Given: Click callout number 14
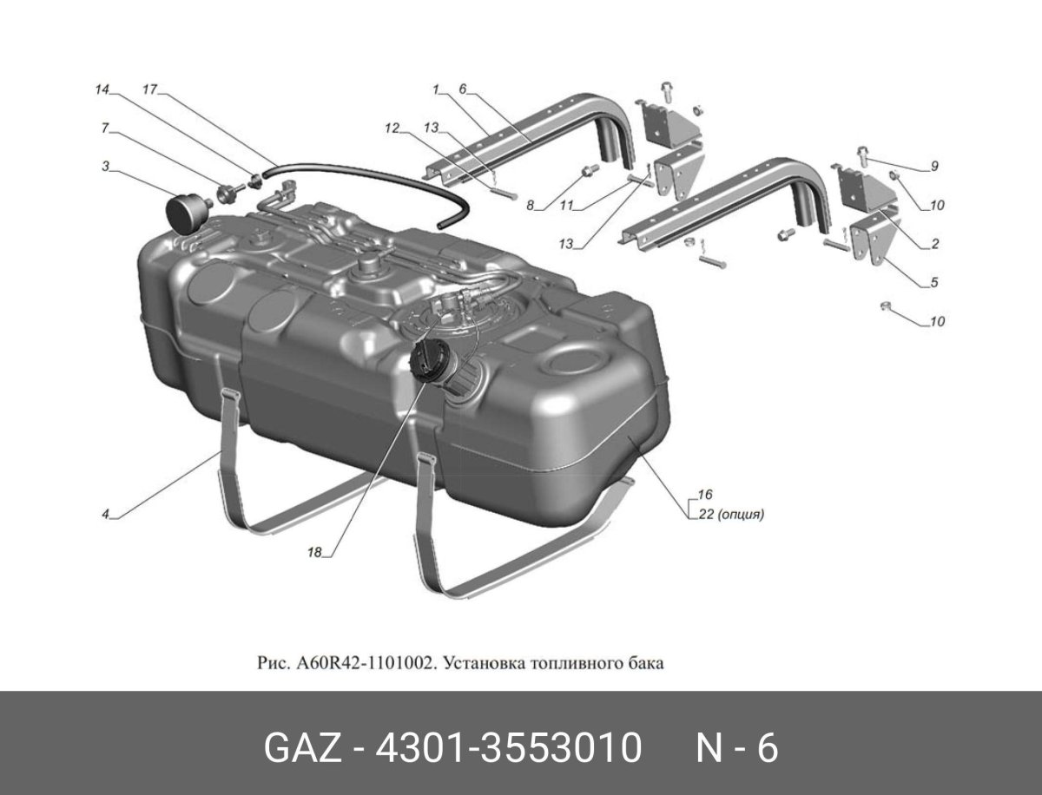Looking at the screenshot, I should tap(103, 89).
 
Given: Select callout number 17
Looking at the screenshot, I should tap(148, 89).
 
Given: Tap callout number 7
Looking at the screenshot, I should tap(105, 128).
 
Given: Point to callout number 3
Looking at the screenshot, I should tap(105, 165).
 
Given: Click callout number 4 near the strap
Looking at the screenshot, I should tap(105, 515).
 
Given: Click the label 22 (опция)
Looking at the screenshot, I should tap(729, 514).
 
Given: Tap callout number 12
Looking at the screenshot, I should tap(392, 128).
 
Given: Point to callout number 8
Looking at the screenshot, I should tap(529, 207).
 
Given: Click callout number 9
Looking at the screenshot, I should tap(934, 166).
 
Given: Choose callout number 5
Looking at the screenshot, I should tap(934, 282).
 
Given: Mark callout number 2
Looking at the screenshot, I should tap(934, 245).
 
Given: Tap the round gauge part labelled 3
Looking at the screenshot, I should tap(183, 213).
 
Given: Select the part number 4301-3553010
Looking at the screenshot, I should tap(507, 748).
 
